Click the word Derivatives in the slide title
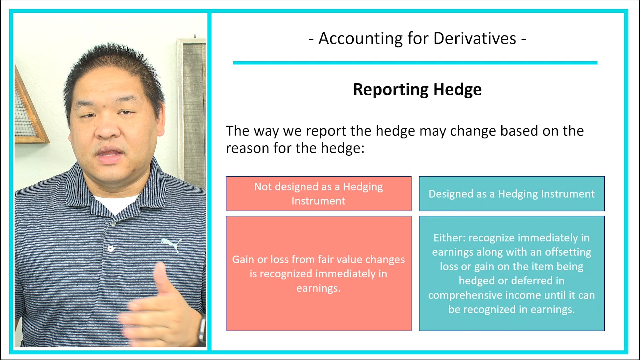pos(475,38)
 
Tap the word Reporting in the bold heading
pos(391,89)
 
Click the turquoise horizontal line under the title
pos(415,63)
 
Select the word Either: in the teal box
pos(449,238)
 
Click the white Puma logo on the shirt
pos(172,244)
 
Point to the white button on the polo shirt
pos(111,248)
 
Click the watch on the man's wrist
pos(202,328)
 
